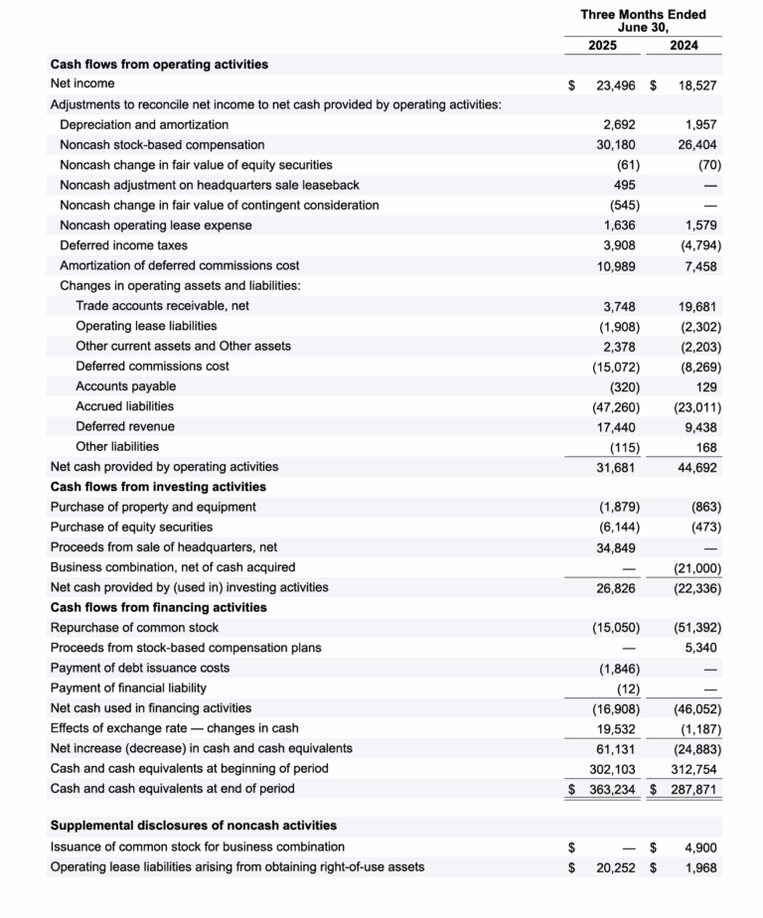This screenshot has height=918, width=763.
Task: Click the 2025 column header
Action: [602, 46]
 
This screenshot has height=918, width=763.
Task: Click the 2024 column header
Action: [684, 46]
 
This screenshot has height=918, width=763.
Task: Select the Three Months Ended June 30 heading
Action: [643, 21]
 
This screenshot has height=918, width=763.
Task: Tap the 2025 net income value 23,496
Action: [616, 85]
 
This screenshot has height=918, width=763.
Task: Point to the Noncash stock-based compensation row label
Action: [162, 145]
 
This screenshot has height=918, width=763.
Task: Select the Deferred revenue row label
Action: [125, 426]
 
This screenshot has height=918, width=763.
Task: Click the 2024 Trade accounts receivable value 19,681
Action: [698, 306]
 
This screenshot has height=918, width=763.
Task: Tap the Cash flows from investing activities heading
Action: [158, 487]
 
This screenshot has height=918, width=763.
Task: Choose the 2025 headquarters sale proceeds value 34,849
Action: [617, 547]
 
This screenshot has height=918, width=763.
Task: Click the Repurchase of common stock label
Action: [134, 627]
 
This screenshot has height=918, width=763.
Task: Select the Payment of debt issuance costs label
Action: [139, 668]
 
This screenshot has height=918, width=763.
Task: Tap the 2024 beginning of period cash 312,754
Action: [694, 768]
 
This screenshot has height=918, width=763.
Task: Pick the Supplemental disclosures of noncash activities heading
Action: [193, 826]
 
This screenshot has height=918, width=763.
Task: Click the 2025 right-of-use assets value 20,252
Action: [616, 866]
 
